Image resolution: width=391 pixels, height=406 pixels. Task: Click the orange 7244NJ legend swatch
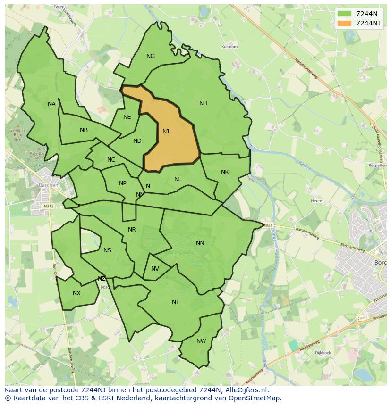pyautogui.click(x=345, y=23)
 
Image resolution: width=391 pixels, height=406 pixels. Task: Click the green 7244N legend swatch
pyautogui.click(x=345, y=14)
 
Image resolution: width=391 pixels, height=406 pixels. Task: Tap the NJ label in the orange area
pyautogui.click(x=166, y=132)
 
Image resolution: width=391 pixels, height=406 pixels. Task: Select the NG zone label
pyautogui.click(x=151, y=56)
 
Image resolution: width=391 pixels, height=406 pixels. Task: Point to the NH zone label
pyautogui.click(x=204, y=103)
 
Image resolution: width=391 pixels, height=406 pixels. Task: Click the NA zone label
pyautogui.click(x=51, y=104)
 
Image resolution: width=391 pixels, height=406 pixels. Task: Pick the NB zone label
pyautogui.click(x=84, y=130)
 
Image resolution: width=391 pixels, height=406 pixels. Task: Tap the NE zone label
pyautogui.click(x=127, y=117)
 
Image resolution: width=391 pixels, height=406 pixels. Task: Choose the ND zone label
pyautogui.click(x=137, y=141)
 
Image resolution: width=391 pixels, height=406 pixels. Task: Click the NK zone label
pyautogui.click(x=225, y=172)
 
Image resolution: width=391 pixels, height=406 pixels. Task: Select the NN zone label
pyautogui.click(x=200, y=243)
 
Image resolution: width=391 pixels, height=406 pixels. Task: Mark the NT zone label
pyautogui.click(x=176, y=302)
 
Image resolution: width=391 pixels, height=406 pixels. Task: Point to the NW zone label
pyautogui.click(x=201, y=341)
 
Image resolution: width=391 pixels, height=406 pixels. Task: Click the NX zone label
pyautogui.click(x=76, y=293)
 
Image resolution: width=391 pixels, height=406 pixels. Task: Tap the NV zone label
pyautogui.click(x=155, y=269)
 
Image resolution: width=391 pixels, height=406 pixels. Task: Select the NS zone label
pyautogui.click(x=107, y=250)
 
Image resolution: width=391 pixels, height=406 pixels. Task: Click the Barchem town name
pyautogui.click(x=50, y=185)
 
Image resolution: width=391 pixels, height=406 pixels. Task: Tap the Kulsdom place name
pyautogui.click(x=229, y=47)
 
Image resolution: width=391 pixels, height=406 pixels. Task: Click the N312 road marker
pyautogui.click(x=48, y=206)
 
